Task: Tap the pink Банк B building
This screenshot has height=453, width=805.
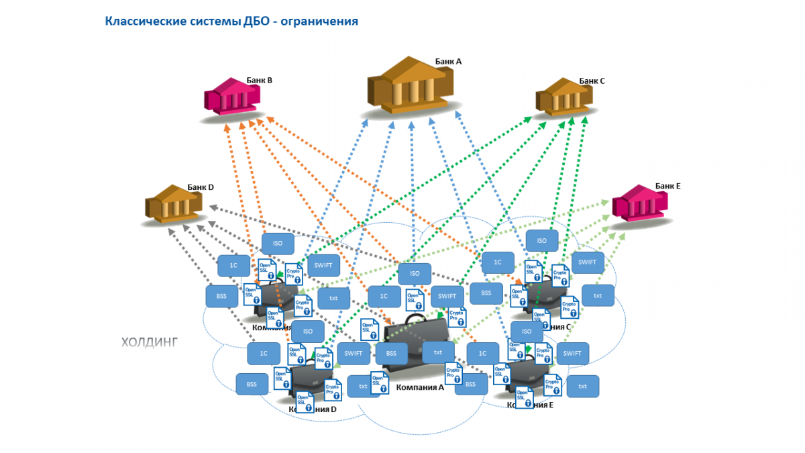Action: point(231,97)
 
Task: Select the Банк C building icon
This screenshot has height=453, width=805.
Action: point(565,96)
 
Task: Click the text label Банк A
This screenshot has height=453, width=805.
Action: point(448,61)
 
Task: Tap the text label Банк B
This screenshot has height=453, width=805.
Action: point(259,80)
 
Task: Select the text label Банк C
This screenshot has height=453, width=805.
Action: point(592,81)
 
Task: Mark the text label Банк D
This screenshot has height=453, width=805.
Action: point(200,187)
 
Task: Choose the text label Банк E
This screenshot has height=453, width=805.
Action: point(668,186)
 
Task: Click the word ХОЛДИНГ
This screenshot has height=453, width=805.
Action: point(149,342)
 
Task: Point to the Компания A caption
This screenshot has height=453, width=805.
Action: point(420,387)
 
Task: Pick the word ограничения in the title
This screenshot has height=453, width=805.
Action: point(319,21)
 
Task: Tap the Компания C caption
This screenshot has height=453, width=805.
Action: point(553,327)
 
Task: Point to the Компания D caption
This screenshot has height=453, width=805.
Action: point(313,409)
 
